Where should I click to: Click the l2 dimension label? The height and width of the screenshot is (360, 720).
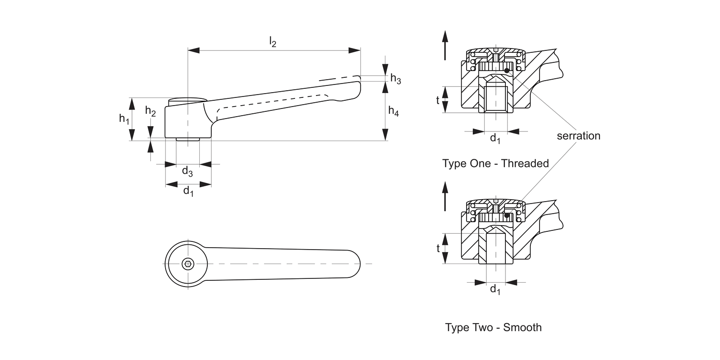pyautogui.click(x=272, y=42)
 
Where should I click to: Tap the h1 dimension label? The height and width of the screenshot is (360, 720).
pyautogui.click(x=124, y=119)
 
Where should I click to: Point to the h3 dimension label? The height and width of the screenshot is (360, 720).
pyautogui.click(x=395, y=79)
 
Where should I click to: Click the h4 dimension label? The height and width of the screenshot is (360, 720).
pyautogui.click(x=393, y=112)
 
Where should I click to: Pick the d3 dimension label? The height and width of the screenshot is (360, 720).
pyautogui.click(x=187, y=171)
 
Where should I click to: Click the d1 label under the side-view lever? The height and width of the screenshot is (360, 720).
pyautogui.click(x=189, y=192)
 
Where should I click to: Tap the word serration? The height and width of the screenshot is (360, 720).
pyautogui.click(x=578, y=136)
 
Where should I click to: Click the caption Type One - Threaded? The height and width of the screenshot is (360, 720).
pyautogui.click(x=495, y=163)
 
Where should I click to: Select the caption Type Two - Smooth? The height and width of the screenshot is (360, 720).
pyautogui.click(x=493, y=327)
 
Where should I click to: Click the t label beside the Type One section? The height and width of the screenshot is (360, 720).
pyautogui.click(x=438, y=100)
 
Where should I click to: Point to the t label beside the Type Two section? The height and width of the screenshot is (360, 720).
pyautogui.click(x=438, y=248)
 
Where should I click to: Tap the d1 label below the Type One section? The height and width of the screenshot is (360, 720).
pyautogui.click(x=495, y=139)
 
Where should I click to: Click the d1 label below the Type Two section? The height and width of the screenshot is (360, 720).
pyautogui.click(x=495, y=289)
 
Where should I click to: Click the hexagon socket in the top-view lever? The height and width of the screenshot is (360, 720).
pyautogui.click(x=188, y=264)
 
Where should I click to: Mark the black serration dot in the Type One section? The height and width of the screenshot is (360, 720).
pyautogui.click(x=507, y=71)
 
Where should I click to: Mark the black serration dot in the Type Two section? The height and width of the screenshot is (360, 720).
pyautogui.click(x=507, y=215)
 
